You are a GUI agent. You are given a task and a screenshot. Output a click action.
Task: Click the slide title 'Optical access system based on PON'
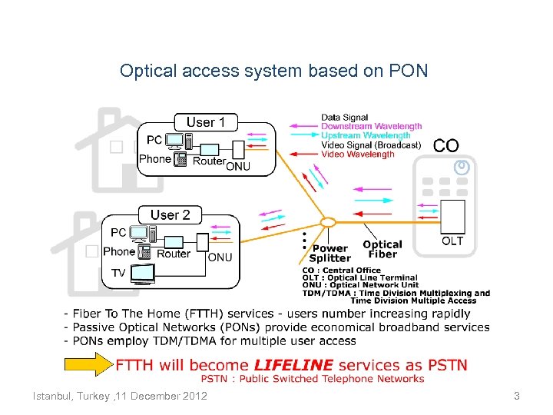(x=273, y=71)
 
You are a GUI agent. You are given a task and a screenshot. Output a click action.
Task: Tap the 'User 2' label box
(x=170, y=214)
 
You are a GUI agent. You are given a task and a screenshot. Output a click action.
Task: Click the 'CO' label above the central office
(x=445, y=145)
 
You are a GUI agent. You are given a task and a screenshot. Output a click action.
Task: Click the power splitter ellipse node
(x=328, y=222)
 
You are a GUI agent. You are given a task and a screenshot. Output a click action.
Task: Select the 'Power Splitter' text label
(x=330, y=254)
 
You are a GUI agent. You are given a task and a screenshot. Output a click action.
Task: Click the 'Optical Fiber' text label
(x=382, y=250)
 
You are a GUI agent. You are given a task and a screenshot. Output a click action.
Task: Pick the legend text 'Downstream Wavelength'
(x=371, y=126)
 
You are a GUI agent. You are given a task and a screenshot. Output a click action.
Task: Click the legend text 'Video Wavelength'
(x=357, y=154)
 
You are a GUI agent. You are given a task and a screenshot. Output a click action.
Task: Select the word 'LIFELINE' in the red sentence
(x=295, y=365)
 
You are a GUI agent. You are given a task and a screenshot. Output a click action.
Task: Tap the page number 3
(x=516, y=396)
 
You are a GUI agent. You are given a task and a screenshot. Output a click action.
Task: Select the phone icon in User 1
(x=181, y=160)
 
